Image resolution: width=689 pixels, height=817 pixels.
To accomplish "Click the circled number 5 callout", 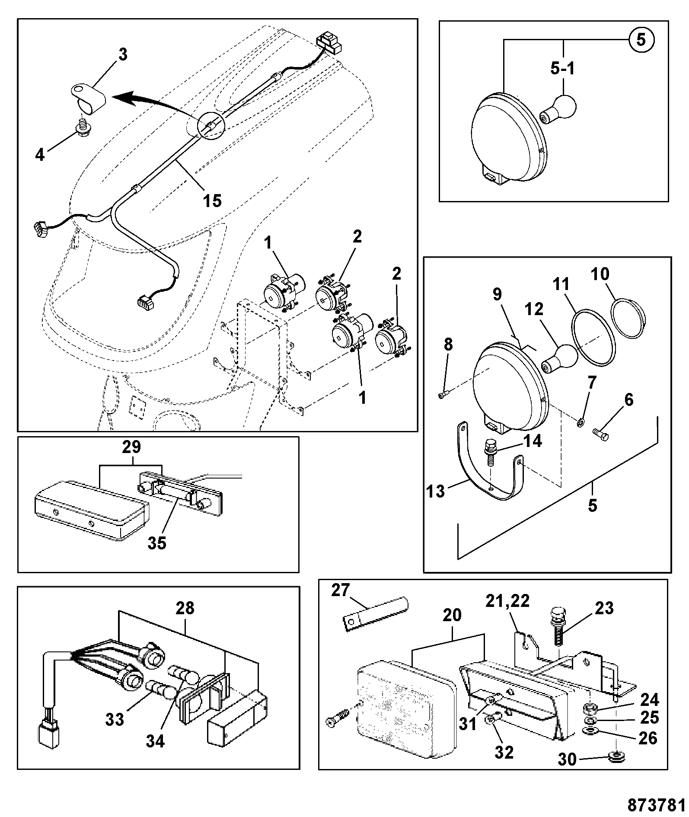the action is click(641, 40).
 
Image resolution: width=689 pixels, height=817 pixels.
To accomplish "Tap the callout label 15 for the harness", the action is click(213, 200).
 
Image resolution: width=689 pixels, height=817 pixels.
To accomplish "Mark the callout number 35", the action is click(156, 543).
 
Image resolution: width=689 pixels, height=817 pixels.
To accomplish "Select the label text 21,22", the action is click(507, 601).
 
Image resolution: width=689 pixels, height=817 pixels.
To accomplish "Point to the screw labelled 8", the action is click(444, 395).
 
